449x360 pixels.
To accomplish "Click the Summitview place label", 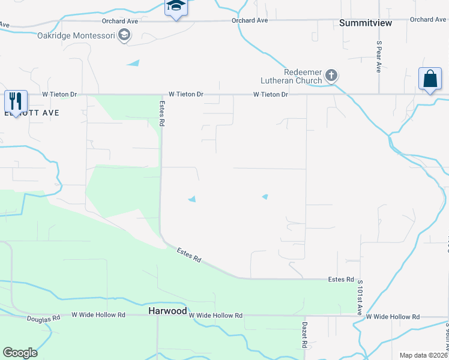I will [366, 23].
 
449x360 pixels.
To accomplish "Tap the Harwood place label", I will [167, 311].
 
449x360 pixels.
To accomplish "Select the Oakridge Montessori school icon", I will [124, 35].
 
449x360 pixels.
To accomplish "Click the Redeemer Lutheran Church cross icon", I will [331, 76].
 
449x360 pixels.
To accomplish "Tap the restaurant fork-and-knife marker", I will [16, 100].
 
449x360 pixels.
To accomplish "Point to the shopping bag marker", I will [430, 79].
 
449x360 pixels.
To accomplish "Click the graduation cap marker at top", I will [176, 6].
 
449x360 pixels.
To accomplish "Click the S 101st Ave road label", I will [360, 298].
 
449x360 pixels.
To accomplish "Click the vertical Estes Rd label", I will [161, 112].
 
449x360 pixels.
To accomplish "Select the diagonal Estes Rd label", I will [188, 254].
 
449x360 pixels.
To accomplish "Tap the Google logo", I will [20, 353].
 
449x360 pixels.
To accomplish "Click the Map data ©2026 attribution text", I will [423, 355].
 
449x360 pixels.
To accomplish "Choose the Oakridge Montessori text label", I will [76, 35].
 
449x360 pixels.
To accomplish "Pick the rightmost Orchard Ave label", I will [428, 20].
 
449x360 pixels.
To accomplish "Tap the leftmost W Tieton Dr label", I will [60, 95].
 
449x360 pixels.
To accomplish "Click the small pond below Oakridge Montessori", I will [133, 62].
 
